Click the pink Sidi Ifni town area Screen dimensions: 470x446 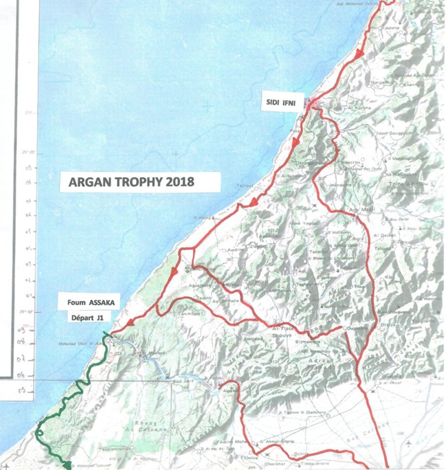click(x=313, y=105)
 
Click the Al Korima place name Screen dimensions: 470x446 click(x=342, y=109)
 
